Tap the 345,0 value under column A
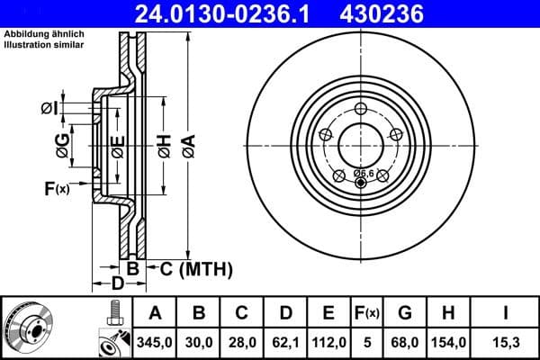click(155, 342)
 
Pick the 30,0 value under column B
click(199, 342)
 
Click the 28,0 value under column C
click(242, 342)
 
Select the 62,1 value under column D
click(285, 342)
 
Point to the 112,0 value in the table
click(328, 342)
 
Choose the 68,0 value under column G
click(404, 342)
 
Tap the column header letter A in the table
click(155, 313)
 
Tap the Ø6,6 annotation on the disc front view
click(364, 172)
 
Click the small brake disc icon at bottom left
click(27, 328)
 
